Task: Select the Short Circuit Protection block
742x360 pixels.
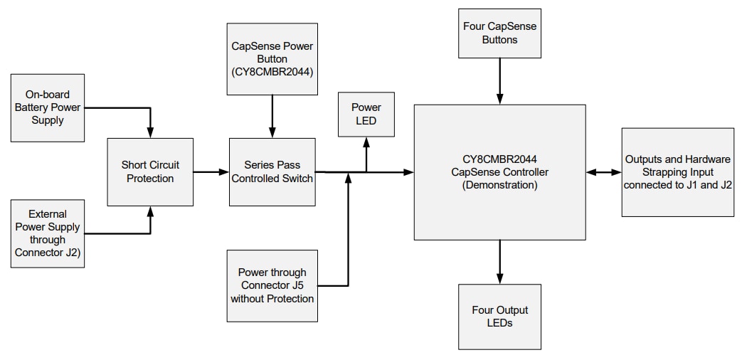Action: tap(150, 172)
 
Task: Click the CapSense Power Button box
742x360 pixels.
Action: tap(272, 59)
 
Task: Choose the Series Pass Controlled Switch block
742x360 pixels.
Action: tap(272, 172)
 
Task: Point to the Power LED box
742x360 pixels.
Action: tap(366, 114)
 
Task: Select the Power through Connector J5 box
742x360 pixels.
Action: tap(272, 285)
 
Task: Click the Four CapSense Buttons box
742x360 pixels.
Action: tap(499, 33)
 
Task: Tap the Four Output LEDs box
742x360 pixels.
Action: tap(499, 317)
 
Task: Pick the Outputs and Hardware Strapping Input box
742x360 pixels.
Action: tap(677, 172)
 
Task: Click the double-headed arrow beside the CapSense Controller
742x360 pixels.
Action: tap(603, 172)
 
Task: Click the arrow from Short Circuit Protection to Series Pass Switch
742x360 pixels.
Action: tap(211, 172)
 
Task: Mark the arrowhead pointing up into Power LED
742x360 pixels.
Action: tap(366, 142)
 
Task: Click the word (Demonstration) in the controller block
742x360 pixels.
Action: tap(499, 185)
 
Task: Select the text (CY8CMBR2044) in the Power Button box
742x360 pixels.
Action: tap(272, 72)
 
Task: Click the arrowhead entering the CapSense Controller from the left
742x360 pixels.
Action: tap(409, 172)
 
